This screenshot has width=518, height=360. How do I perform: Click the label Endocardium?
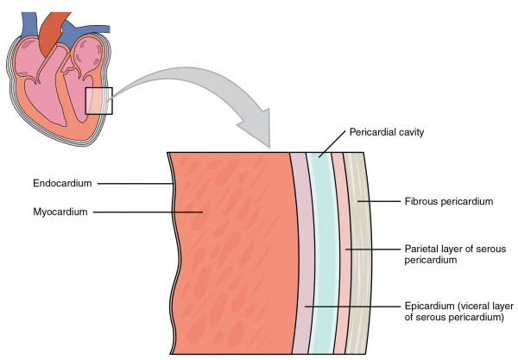coord(64,183)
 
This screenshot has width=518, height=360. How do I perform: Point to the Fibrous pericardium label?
coord(448,201)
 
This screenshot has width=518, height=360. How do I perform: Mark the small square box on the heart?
coord(98,100)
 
